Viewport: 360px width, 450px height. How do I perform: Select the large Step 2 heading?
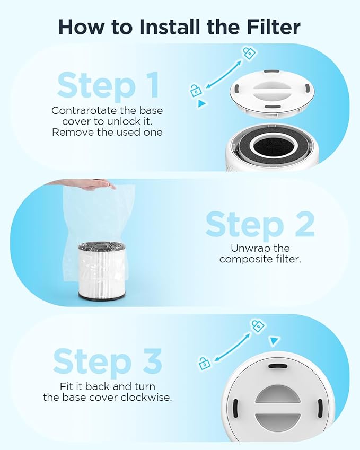tap(260, 224)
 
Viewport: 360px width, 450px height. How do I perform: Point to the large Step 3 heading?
tap(108, 362)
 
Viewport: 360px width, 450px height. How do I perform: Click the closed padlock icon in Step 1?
tap(249, 52)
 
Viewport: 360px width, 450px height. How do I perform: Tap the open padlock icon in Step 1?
tap(196, 90)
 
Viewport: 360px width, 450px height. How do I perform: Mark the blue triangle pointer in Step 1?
tap(201, 104)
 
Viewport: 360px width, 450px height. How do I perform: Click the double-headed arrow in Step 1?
tap(223, 72)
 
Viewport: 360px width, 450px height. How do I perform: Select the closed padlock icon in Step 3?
tap(258, 325)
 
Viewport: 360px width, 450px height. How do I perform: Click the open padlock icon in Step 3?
tap(204, 363)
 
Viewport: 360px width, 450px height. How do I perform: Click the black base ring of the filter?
tap(102, 295)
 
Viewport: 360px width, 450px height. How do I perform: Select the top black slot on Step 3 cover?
tap(278, 366)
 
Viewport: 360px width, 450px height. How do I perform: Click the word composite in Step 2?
tap(245, 259)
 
